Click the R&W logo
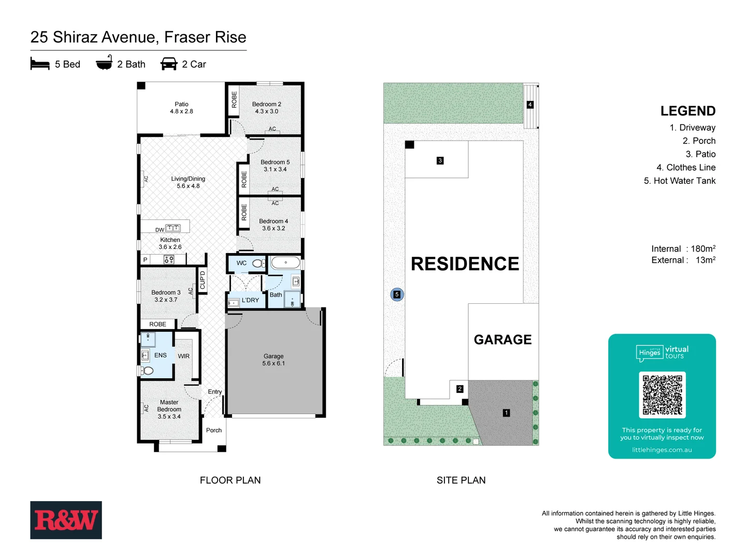[x=66, y=520]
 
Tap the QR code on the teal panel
[x=662, y=395]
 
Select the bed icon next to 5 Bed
[x=40, y=64]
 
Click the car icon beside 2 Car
[x=169, y=64]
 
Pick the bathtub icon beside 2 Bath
[x=104, y=63]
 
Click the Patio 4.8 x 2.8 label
[x=181, y=108]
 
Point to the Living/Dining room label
[x=188, y=182]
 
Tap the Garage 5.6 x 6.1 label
[x=274, y=360]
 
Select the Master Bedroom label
[x=169, y=409]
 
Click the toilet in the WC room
[x=258, y=263]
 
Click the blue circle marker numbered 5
[x=397, y=295]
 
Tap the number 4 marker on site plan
[x=529, y=105]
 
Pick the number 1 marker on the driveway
[x=506, y=413]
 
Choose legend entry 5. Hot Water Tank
[x=679, y=181]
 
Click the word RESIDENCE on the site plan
[x=465, y=264]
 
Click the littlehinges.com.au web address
[x=662, y=450]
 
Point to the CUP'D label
[x=203, y=280]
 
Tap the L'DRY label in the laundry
[x=250, y=300]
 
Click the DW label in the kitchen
[x=160, y=230]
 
